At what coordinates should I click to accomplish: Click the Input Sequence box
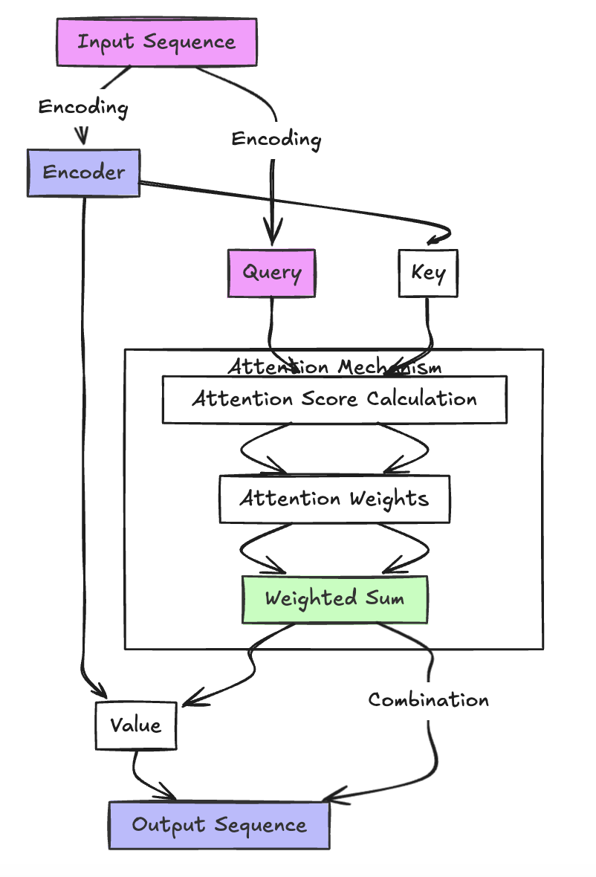coord(157,42)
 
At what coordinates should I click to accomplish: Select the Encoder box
coord(83,172)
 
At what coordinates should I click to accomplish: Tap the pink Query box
coord(271,273)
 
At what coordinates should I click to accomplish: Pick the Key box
coord(428,273)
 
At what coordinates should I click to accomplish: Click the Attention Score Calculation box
coord(334,399)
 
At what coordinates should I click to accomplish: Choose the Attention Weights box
coord(334,499)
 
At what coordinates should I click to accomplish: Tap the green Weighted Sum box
coord(334,599)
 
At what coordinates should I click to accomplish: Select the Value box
coord(135,725)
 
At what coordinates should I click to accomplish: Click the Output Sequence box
coord(219,825)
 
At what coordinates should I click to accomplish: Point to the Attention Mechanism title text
coord(334,367)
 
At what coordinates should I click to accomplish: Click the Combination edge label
coord(429,700)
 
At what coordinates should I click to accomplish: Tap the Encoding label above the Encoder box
coord(83,107)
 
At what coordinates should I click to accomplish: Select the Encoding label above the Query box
coord(276,139)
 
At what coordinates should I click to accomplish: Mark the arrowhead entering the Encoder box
coord(83,138)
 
